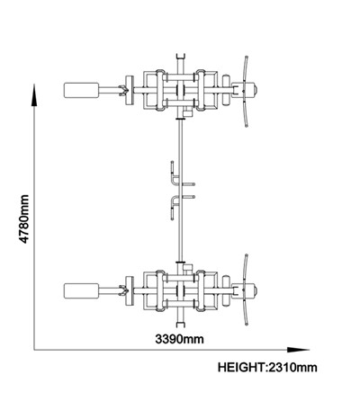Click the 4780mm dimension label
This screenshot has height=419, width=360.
click(x=24, y=218)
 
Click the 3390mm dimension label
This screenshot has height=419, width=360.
click(x=179, y=339)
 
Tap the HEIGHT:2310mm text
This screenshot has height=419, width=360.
click(x=267, y=367)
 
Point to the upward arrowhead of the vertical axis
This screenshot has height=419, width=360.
click(x=34, y=94)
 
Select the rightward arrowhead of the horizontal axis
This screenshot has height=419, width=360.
click(x=298, y=350)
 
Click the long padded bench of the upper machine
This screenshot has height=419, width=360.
click(x=81, y=90)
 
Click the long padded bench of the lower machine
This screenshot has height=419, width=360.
click(x=81, y=290)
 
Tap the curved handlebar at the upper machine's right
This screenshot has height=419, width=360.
click(x=246, y=92)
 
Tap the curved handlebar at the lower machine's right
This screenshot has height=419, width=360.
click(x=246, y=290)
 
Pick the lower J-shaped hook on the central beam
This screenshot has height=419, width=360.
click(x=174, y=207)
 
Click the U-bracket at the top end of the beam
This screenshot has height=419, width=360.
click(x=180, y=57)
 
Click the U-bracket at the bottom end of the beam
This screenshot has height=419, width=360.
click(x=180, y=325)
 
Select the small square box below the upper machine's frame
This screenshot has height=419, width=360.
click(x=188, y=112)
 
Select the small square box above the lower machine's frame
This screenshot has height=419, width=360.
click(x=188, y=268)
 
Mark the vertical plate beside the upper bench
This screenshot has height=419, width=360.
click(x=130, y=90)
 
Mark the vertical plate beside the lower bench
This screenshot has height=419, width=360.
click(x=130, y=290)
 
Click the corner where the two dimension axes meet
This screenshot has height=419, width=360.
click(x=34, y=350)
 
